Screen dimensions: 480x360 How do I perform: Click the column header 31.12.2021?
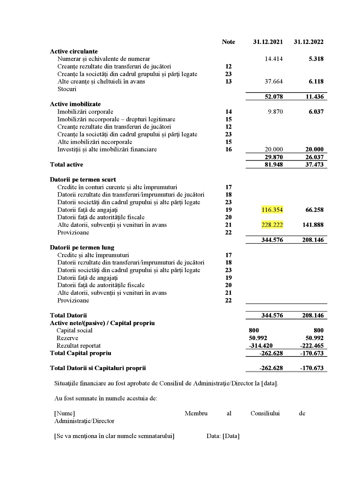point(268,42)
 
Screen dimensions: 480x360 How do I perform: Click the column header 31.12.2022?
point(308,42)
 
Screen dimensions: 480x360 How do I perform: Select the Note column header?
point(228,42)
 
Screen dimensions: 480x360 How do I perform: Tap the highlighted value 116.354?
point(272,210)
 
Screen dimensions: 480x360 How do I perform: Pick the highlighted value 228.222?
point(272,225)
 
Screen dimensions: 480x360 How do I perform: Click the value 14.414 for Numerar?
point(273,59)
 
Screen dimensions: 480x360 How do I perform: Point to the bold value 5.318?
point(316,59)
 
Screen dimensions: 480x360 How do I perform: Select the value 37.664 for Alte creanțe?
point(273,82)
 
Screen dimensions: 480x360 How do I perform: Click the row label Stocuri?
point(67,89)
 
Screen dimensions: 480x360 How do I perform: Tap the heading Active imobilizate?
point(75,104)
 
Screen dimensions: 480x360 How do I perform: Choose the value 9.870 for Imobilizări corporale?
point(275,112)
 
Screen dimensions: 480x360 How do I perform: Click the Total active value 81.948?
point(273,165)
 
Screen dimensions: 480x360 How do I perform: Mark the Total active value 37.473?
point(314,165)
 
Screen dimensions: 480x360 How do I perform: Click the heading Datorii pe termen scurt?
point(83,180)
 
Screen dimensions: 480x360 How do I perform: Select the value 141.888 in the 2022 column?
point(313,225)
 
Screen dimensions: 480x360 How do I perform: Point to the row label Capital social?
point(74,330)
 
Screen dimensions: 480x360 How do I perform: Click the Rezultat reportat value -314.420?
point(261,346)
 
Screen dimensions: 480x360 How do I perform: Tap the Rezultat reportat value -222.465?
point(312,346)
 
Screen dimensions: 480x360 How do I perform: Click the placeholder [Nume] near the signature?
point(64,413)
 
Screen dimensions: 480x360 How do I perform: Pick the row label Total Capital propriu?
point(80,353)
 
